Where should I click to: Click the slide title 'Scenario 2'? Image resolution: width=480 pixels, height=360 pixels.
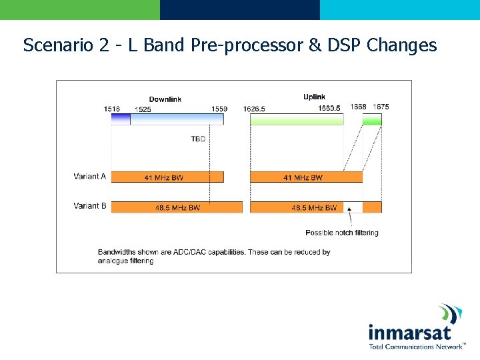click(x=230, y=45)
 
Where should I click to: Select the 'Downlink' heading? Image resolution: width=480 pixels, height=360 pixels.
click(x=165, y=99)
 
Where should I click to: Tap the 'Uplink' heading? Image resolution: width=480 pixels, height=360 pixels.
click(x=315, y=97)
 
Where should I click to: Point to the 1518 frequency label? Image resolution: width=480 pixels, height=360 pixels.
click(x=112, y=109)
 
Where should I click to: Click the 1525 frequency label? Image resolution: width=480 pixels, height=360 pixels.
click(x=143, y=109)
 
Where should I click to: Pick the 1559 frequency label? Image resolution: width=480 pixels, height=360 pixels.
click(x=219, y=109)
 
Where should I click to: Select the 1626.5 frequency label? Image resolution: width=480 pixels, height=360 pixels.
click(x=254, y=109)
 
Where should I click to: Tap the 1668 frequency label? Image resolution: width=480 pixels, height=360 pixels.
click(x=358, y=107)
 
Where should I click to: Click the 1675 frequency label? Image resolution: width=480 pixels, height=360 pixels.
click(x=381, y=107)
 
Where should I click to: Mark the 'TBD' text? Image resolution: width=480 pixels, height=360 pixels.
click(x=198, y=139)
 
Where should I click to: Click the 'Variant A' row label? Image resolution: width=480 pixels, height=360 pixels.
click(x=90, y=177)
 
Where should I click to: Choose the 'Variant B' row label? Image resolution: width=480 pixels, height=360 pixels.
click(x=90, y=206)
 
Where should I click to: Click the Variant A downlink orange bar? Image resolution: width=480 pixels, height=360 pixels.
click(x=167, y=177)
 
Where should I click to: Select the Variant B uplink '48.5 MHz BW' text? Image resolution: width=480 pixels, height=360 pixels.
click(x=313, y=208)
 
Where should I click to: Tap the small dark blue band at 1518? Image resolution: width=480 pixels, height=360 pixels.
click(x=120, y=119)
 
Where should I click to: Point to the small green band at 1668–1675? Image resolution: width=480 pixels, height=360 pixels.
click(x=372, y=120)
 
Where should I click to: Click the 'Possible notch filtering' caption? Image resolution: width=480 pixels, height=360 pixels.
click(x=341, y=233)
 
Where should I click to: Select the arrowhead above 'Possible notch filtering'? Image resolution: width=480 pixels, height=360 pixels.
click(x=349, y=209)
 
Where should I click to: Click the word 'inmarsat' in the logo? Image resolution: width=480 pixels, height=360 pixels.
click(x=409, y=332)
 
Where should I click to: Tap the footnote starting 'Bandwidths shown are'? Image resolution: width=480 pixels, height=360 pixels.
click(x=214, y=257)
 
